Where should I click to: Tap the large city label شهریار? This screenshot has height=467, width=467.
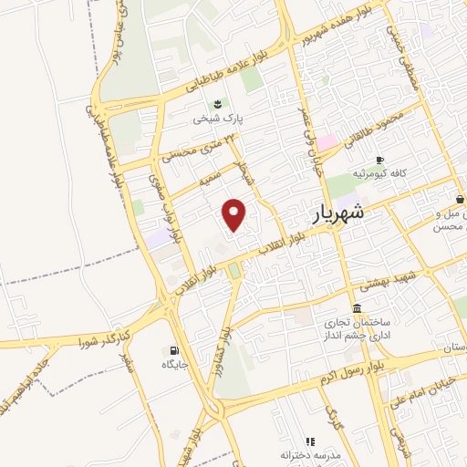[331, 215]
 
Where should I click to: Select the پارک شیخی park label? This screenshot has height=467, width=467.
[218, 118]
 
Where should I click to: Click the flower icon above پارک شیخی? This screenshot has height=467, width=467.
[218, 103]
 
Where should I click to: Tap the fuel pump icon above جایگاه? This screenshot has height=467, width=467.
[174, 350]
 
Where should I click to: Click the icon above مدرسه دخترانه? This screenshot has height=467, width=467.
[310, 441]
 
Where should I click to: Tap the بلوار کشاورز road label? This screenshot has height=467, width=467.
[228, 346]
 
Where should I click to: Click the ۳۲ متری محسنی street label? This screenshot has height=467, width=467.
[198, 147]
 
